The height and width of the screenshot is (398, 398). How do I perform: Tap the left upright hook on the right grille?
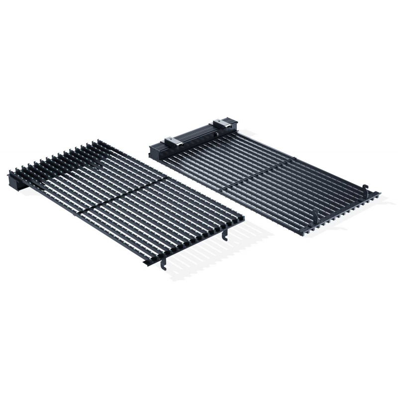point(317,217)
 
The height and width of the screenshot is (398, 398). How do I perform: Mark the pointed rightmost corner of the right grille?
point(379,193)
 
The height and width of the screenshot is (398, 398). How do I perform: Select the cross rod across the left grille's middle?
point(122,196)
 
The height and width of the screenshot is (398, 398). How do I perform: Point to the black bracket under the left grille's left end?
point(22,184)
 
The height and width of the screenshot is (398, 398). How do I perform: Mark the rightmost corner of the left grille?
point(243,217)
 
